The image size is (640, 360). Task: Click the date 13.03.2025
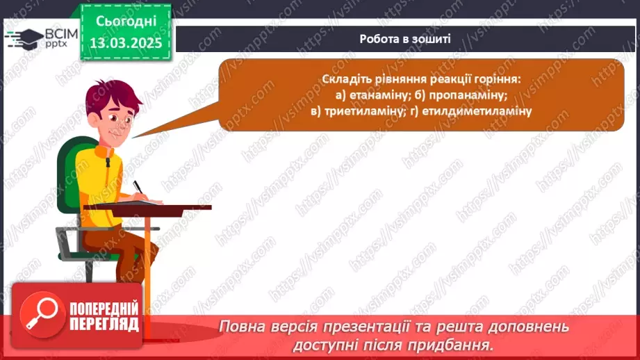126,43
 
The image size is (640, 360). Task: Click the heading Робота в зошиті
405,39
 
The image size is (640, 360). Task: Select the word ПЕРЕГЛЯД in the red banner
104,323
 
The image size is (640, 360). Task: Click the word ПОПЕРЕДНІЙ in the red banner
104,308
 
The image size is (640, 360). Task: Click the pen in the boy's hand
137,186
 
